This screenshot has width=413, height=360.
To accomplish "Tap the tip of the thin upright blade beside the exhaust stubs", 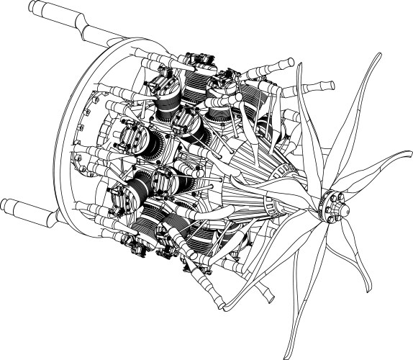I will pyautogui.click(x=301, y=65).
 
